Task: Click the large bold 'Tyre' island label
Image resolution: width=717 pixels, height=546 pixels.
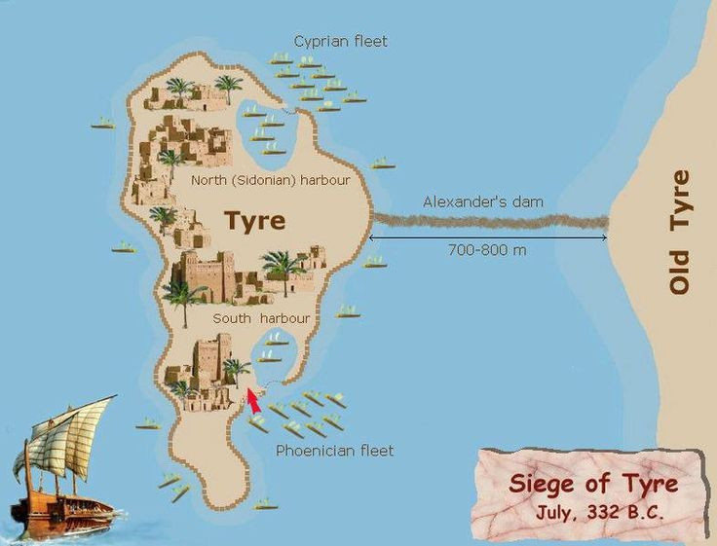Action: click(x=255, y=221)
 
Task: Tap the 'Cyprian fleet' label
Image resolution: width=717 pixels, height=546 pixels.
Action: click(x=340, y=41)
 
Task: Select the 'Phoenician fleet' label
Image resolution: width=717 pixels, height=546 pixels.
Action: click(x=334, y=451)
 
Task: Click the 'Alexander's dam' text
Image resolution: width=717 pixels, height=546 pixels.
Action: click(x=482, y=201)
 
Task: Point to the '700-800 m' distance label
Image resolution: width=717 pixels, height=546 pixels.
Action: click(x=487, y=251)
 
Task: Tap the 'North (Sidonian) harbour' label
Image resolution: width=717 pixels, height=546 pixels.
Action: click(x=271, y=180)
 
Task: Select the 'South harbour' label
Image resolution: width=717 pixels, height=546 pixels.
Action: click(x=261, y=318)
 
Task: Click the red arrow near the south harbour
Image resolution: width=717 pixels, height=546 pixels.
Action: click(x=253, y=400)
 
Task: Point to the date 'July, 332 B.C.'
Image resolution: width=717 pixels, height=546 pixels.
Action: click(x=599, y=513)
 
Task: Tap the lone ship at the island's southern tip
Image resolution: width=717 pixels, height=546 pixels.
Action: click(x=264, y=504)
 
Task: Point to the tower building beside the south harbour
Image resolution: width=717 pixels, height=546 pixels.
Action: click(x=212, y=360)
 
